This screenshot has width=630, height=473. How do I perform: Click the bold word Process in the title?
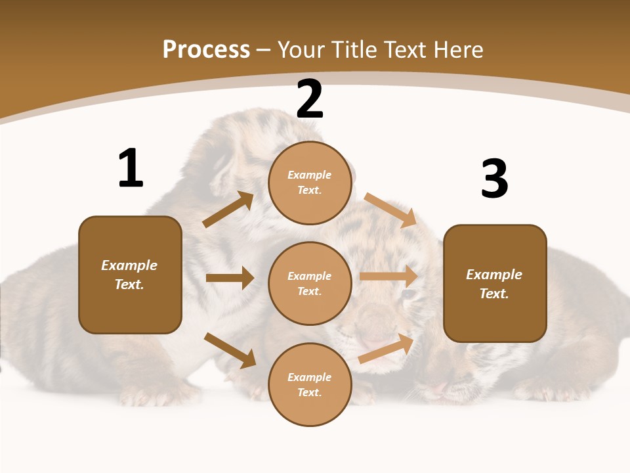[206, 50]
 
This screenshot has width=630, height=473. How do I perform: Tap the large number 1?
[130, 168]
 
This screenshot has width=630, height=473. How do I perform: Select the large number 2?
[310, 99]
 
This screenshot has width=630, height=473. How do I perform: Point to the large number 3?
[494, 179]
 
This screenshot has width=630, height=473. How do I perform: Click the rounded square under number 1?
[130, 275]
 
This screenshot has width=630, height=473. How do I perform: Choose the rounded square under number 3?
[495, 284]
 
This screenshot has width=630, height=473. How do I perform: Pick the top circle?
[310, 183]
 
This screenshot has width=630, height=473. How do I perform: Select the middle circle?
[310, 283]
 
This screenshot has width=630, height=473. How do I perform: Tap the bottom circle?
[310, 384]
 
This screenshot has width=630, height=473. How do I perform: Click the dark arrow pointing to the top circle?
[228, 210]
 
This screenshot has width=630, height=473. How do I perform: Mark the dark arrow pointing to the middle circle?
[230, 278]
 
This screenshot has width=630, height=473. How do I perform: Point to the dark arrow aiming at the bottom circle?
[230, 350]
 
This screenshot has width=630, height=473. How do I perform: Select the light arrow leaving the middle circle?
[388, 277]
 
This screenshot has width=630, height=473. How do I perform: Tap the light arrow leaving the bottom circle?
[386, 349]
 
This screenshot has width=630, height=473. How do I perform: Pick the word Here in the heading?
[459, 50]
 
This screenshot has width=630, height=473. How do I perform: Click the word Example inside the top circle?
[310, 175]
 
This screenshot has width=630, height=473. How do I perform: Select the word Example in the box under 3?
[494, 275]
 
